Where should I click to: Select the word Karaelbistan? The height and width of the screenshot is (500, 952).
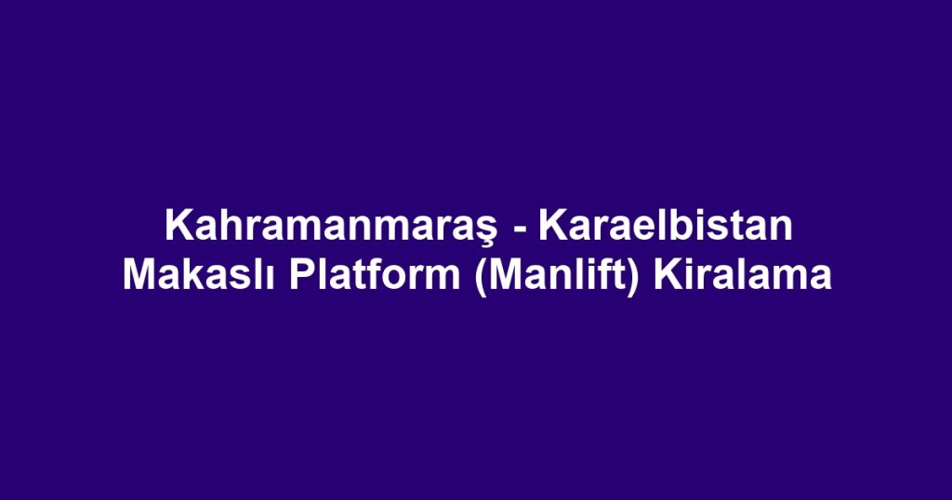[665, 227]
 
